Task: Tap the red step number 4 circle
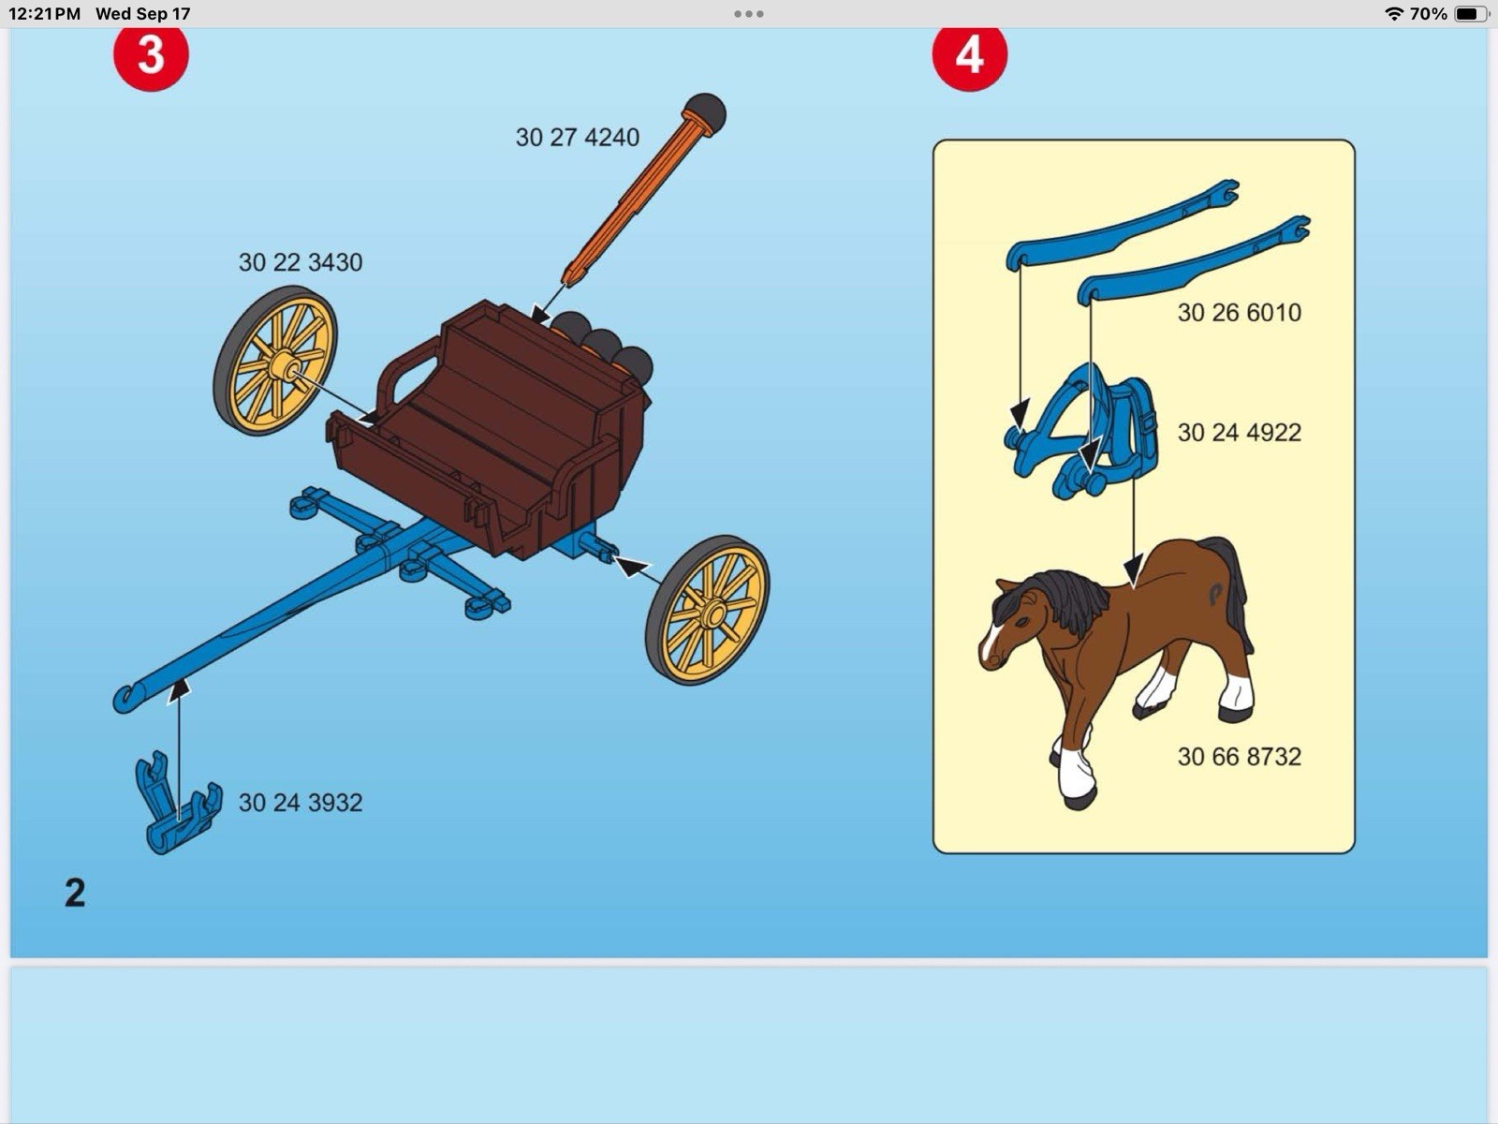969,55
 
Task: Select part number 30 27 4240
577,138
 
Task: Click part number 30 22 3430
300,262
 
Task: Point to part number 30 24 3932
300,803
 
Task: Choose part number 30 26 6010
1239,313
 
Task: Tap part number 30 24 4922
1239,433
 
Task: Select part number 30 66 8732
1239,757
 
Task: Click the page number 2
75,893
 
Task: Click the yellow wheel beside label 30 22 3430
275,361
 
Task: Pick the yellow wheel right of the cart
708,611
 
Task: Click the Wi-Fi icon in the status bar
1393,14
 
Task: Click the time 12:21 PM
44,14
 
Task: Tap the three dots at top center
748,14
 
